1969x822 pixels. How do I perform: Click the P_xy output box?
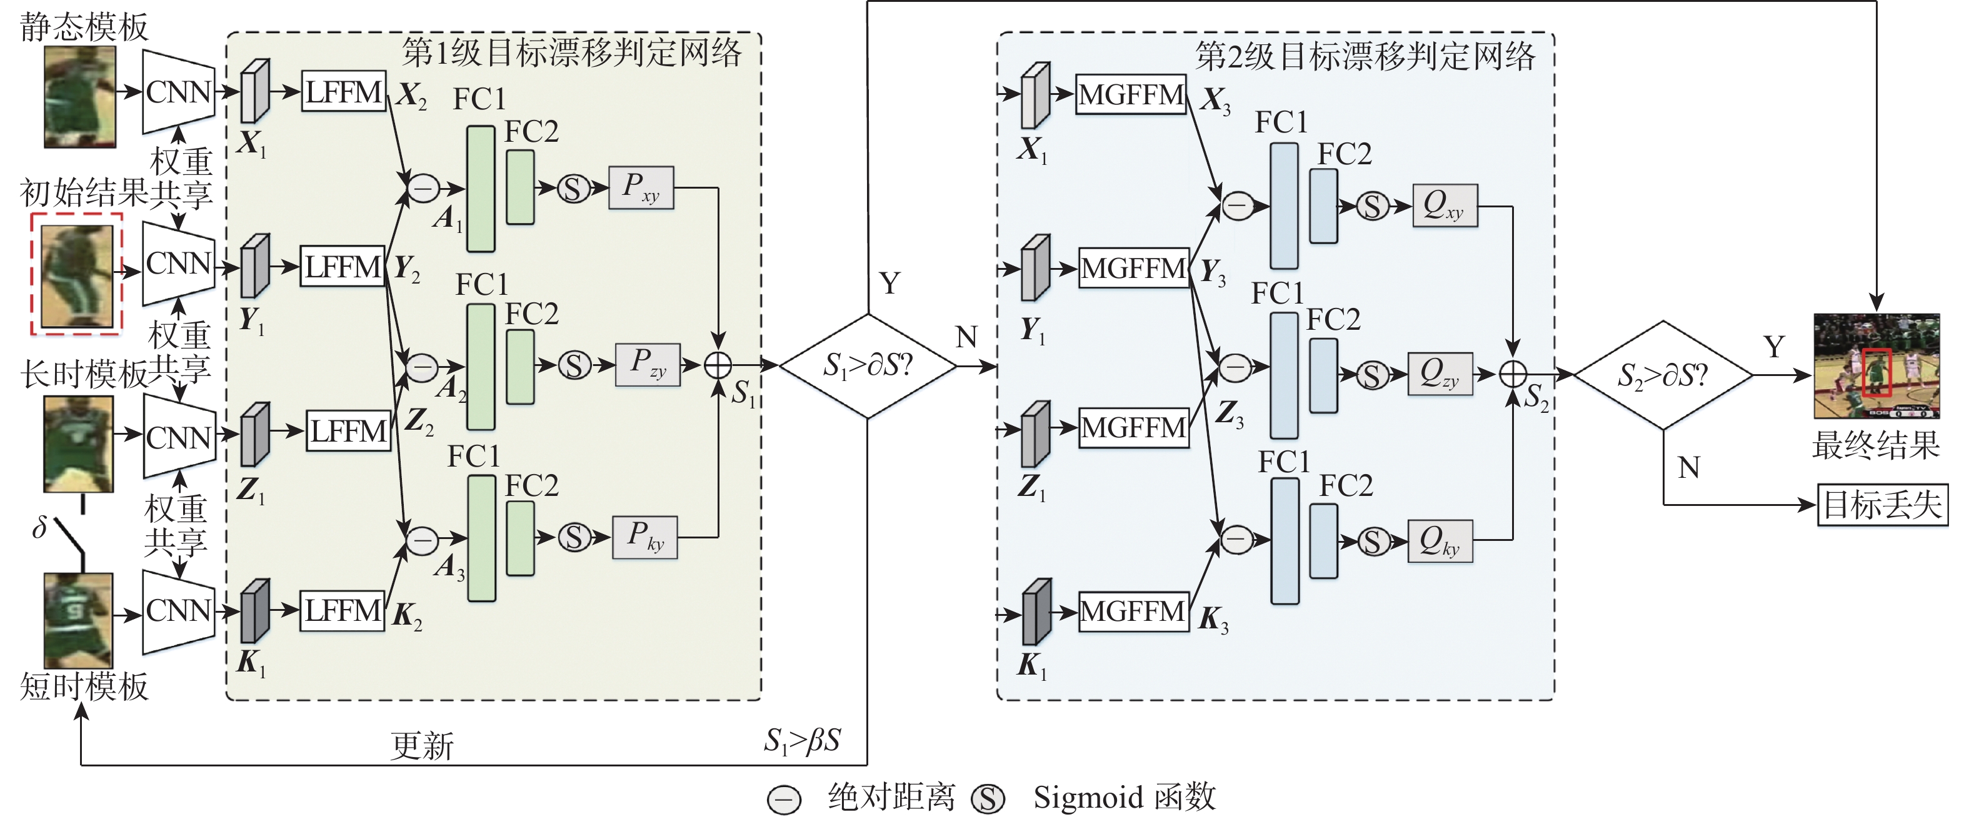coord(641,188)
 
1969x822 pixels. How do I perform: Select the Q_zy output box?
coord(1440,374)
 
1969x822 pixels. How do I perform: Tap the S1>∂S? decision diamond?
coord(868,366)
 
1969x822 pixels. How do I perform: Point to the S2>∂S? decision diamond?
coord(1663,375)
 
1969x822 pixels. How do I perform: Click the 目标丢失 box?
coord(1882,505)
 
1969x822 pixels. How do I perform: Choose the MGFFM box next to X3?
coord(1131,95)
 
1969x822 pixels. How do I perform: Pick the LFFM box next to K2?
coord(342,611)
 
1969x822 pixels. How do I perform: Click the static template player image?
coord(79,97)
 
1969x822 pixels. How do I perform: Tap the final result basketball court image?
coord(1876,366)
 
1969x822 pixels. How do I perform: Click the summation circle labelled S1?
coord(718,365)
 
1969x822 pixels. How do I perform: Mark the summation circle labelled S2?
coord(1513,374)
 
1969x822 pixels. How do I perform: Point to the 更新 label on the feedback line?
coord(422,745)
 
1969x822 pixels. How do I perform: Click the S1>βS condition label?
coord(802,740)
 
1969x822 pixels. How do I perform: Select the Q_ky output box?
coord(1440,541)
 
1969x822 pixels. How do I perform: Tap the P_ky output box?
coord(644,538)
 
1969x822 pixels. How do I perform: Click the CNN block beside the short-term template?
coord(179,611)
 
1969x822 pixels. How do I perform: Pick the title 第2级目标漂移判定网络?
coord(1365,56)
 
